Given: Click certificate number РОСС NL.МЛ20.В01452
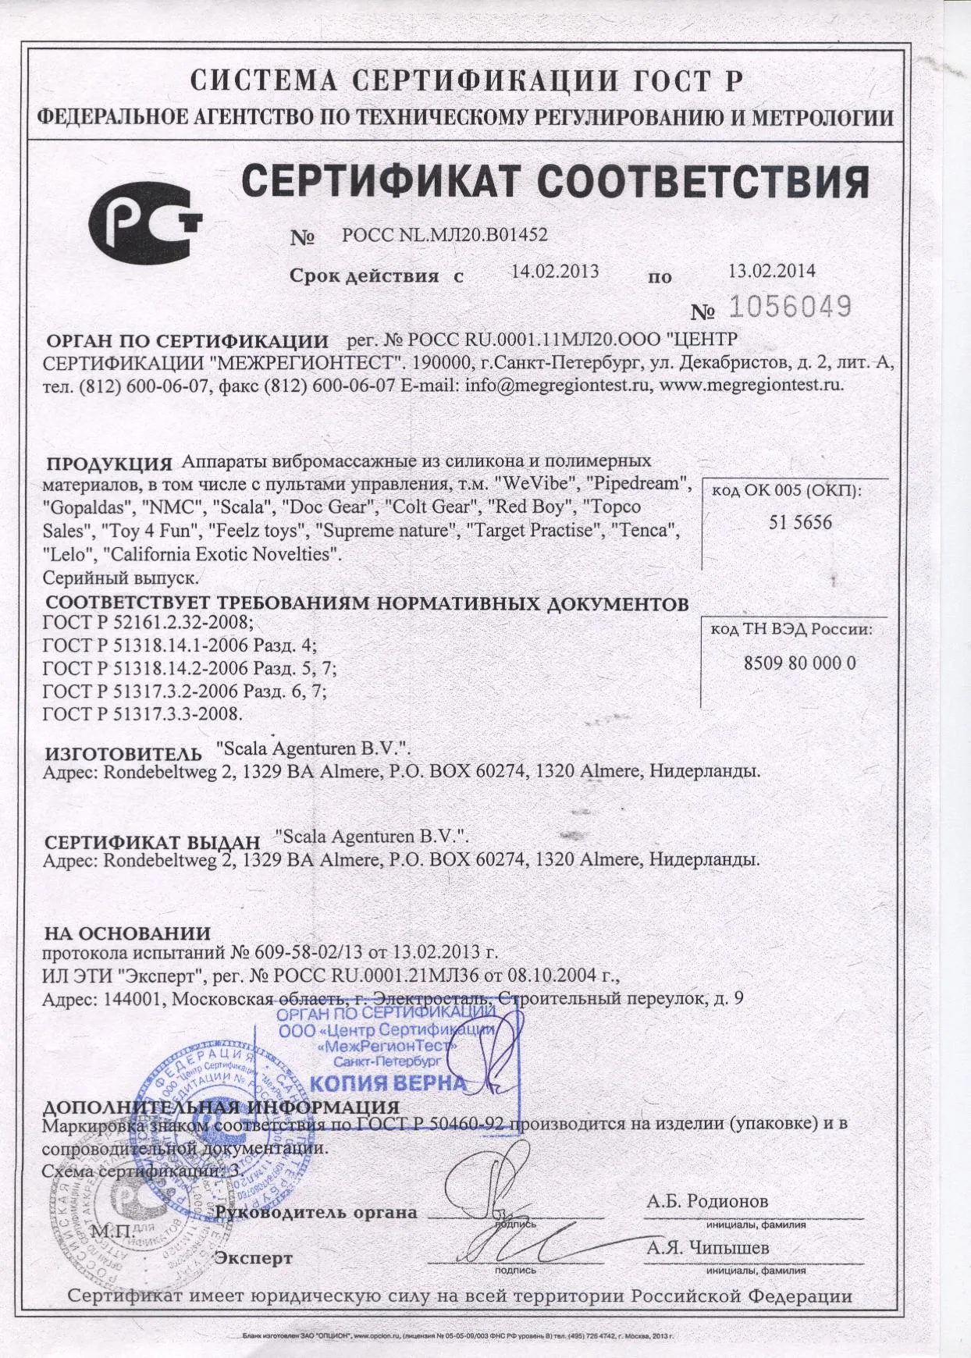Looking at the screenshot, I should pyautogui.click(x=444, y=235).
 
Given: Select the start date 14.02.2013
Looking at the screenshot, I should pyautogui.click(x=555, y=272).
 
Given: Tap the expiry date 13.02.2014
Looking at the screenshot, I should pyautogui.click(x=771, y=271).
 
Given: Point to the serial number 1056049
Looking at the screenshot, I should pyautogui.click(x=790, y=308).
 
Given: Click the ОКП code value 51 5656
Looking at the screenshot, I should pyautogui.click(x=800, y=523).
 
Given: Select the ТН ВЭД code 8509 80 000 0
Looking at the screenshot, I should pyautogui.click(x=799, y=663).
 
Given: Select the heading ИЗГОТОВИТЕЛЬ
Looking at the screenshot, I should pyautogui.click(x=123, y=754).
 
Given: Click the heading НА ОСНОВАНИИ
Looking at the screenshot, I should pyautogui.click(x=126, y=933).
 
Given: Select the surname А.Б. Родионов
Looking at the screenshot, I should pyautogui.click(x=706, y=1201).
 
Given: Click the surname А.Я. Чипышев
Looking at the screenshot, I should pyautogui.click(x=707, y=1248).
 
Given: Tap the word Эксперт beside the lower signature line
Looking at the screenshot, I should pyautogui.click(x=254, y=1258).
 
